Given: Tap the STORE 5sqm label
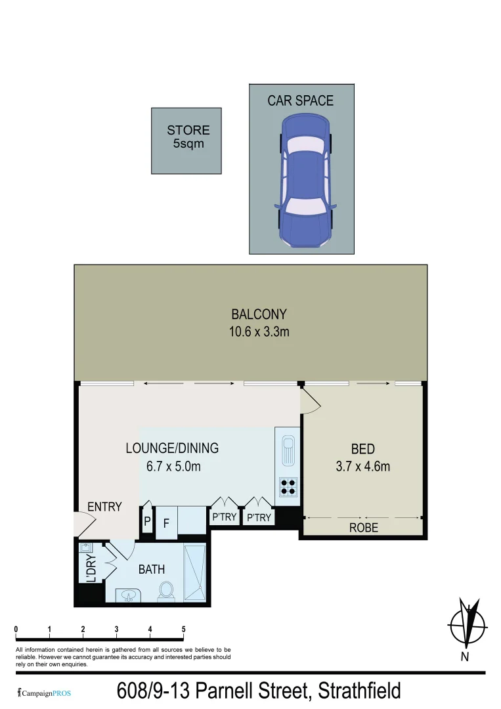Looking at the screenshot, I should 188,137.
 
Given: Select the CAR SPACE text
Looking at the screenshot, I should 300,100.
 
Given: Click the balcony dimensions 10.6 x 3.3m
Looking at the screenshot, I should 259,332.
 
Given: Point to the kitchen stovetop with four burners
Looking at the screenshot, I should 288,486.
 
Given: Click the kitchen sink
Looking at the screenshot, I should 288,450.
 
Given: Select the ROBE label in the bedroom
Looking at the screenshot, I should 363,527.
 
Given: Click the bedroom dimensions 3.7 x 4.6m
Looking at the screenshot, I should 362,467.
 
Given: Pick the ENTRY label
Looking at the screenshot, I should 104,506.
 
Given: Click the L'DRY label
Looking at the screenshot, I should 91,569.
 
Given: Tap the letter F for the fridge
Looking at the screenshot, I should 166,525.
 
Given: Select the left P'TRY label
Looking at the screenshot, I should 224,518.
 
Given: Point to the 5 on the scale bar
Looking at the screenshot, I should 183,630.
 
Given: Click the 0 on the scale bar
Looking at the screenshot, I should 16,630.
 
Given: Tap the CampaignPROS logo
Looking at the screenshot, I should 43,693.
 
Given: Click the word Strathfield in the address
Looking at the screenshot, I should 359,691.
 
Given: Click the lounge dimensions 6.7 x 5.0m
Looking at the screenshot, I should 172,467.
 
